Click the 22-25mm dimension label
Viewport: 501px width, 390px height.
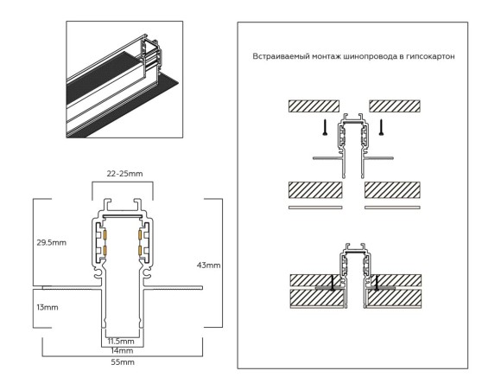[125, 174]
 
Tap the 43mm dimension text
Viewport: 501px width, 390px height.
[209, 264]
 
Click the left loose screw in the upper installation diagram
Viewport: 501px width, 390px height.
[322, 128]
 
